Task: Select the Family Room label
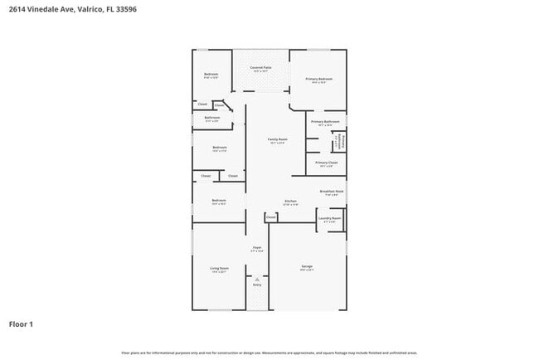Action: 277,139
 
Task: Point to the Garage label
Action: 307,266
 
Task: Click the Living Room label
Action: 219,268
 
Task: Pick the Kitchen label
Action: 290,202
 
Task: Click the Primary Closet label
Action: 326,163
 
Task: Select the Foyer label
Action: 257,248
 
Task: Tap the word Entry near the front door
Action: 257,285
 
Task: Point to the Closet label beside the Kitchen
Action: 271,217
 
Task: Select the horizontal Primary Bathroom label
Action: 325,122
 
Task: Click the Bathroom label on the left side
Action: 211,118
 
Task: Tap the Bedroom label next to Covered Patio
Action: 211,75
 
